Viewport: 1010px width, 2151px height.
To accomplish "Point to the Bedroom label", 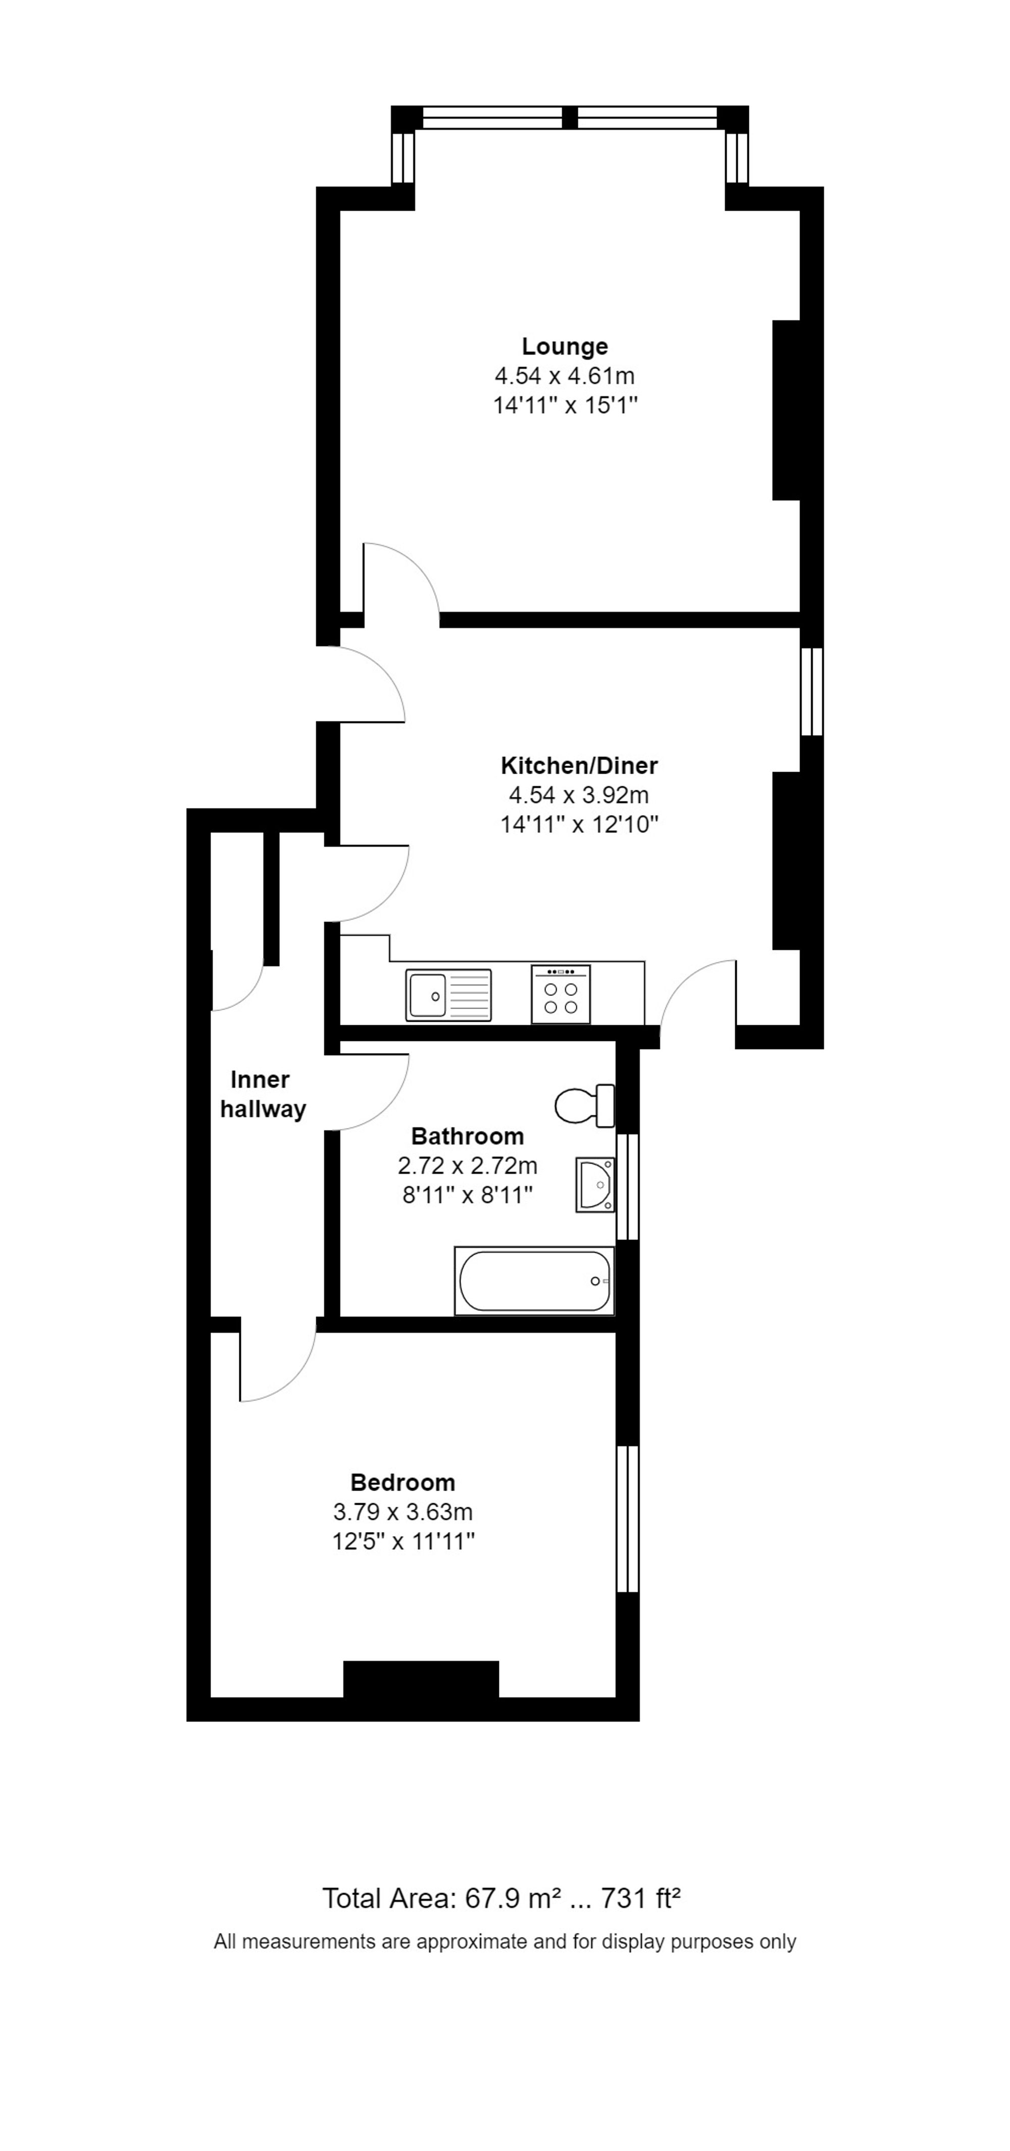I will [x=402, y=1482].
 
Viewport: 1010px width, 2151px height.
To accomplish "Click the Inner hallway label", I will [x=262, y=1094].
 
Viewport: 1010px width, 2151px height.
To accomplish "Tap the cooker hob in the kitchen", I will [x=560, y=994].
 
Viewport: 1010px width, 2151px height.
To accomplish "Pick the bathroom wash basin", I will [x=595, y=1184].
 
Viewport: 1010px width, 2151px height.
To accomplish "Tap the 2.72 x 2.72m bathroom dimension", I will [x=468, y=1166].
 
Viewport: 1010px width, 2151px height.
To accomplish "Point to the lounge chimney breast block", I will [x=786, y=410].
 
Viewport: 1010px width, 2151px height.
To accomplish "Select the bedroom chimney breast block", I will [x=421, y=1679].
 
